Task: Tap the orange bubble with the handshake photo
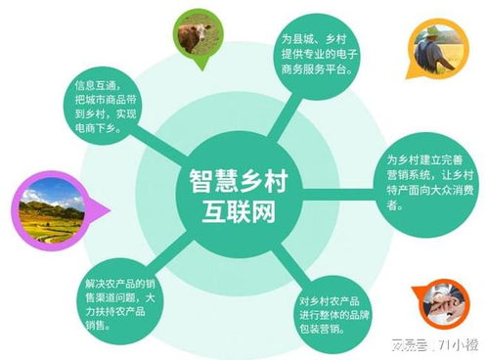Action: tap(445, 305)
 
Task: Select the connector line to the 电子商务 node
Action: tap(276, 114)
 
